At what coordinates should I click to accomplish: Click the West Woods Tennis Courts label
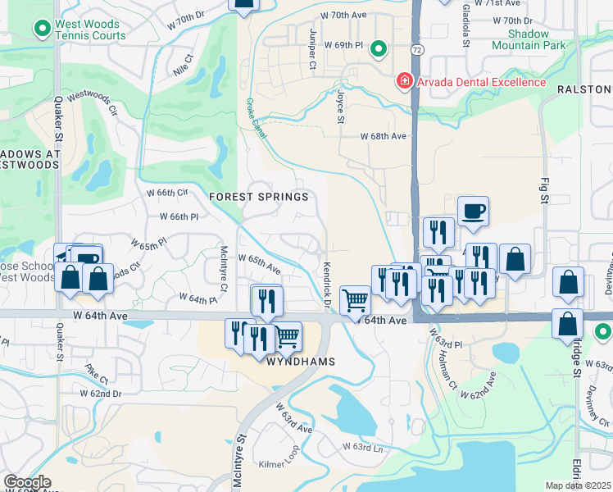[89, 30]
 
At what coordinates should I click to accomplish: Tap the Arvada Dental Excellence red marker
[404, 81]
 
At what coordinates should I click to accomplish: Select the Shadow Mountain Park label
[529, 39]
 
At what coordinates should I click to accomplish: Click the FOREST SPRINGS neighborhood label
[259, 197]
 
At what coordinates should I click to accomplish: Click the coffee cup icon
[473, 212]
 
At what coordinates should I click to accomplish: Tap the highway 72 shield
[418, 50]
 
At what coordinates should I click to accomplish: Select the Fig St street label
[543, 189]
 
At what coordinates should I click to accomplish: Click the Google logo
[27, 482]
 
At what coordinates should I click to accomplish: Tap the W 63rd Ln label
[362, 448]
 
